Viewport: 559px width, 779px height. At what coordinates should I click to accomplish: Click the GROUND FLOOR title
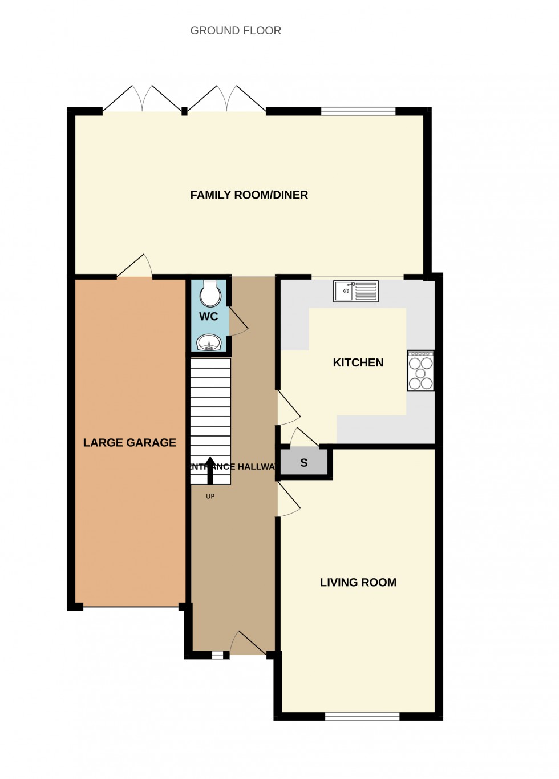(x=236, y=31)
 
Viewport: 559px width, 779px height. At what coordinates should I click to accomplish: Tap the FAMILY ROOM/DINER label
(x=249, y=195)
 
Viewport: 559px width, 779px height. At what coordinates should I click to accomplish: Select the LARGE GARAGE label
(x=129, y=443)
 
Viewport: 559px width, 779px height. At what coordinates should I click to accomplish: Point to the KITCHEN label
(x=358, y=362)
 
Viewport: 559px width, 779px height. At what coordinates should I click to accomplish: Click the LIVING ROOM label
(x=358, y=583)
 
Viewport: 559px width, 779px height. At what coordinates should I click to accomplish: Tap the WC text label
(x=209, y=317)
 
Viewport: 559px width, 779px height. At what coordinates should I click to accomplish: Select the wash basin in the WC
(x=209, y=343)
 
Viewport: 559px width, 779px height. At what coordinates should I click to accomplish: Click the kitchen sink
(x=356, y=291)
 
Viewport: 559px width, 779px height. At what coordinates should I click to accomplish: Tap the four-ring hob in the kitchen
(x=421, y=371)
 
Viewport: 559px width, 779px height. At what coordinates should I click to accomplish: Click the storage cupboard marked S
(x=304, y=463)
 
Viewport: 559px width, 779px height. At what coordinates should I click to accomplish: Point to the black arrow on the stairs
(x=210, y=470)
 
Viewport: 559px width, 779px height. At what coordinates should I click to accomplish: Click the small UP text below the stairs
(x=210, y=497)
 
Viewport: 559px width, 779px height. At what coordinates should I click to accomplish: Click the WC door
(x=237, y=322)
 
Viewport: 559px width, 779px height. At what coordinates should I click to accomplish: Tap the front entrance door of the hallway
(x=248, y=644)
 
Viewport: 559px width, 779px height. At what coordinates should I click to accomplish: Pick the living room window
(x=362, y=717)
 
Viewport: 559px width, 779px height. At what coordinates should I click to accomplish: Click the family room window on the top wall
(x=358, y=111)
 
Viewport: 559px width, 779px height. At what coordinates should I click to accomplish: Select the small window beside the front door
(x=217, y=656)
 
